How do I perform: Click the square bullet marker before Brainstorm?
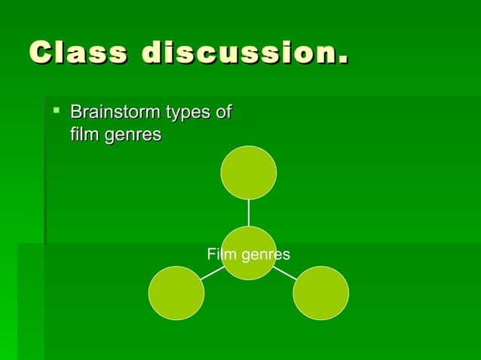pos(56,111)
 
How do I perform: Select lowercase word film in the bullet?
pos(84,136)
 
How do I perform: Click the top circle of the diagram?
pos(249,173)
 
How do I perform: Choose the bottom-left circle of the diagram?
pos(176,293)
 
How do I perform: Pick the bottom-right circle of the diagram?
pos(320,293)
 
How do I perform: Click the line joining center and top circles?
pos(249,213)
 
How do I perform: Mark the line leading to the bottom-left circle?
pos(213,273)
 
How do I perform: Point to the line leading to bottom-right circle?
pos(284,273)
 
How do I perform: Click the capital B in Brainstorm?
pos(75,113)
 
